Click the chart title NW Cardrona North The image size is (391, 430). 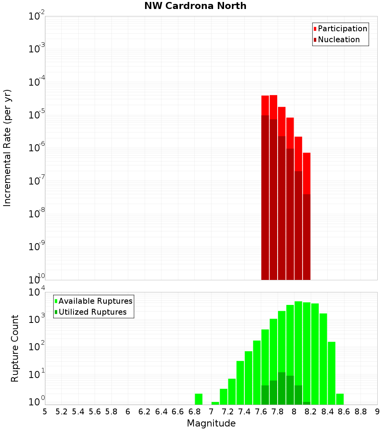point(195,6)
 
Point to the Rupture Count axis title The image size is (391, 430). point(15,348)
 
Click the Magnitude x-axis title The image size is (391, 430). point(211,423)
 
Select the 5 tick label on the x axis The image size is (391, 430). point(45,411)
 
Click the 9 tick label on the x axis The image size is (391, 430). point(377,411)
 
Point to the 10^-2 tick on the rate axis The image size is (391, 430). point(37,16)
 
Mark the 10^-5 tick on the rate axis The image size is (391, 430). point(37,115)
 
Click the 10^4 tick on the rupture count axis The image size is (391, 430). point(37,292)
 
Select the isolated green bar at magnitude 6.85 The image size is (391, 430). point(199,399)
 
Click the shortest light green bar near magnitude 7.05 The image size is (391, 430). point(215,403)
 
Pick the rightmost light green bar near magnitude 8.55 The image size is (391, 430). point(340,399)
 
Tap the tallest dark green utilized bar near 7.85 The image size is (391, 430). point(282,388)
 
